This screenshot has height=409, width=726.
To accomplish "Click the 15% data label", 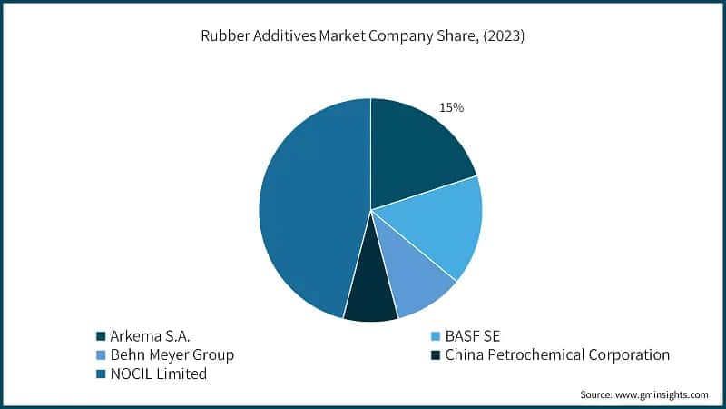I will (x=451, y=107).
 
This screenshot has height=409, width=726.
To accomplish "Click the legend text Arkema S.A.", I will (x=150, y=334).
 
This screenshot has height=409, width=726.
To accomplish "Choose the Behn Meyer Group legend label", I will (x=172, y=354).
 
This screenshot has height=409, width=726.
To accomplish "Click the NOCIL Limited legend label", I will (x=158, y=374).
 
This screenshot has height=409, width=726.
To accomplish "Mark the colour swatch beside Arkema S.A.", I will (x=100, y=334).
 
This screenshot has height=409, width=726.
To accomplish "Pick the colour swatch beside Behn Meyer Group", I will (x=100, y=354).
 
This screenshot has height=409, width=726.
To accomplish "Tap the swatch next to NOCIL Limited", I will (x=100, y=374).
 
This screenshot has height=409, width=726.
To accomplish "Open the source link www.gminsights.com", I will (x=663, y=394).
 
